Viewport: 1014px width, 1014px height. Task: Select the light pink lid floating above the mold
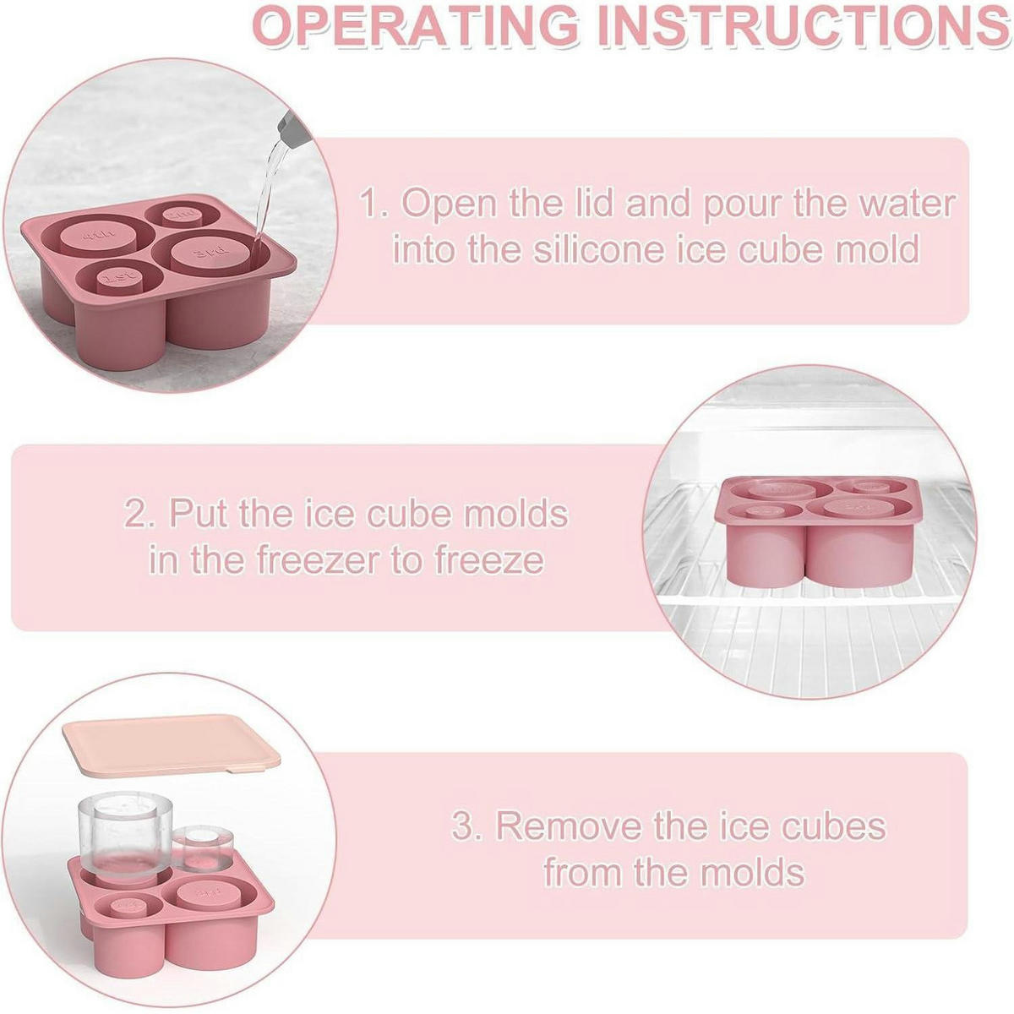(x=172, y=746)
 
